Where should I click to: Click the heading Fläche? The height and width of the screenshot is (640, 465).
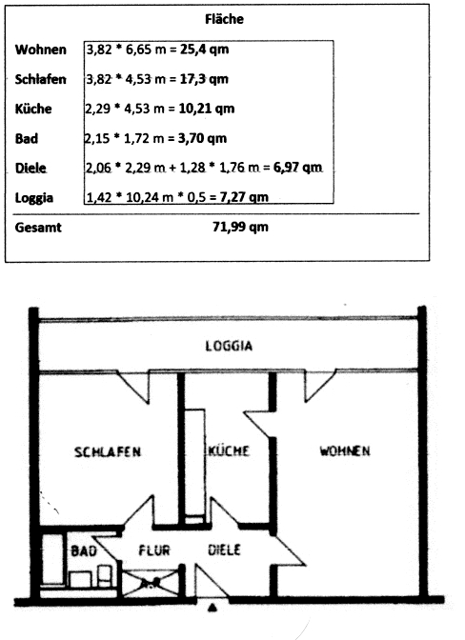[224, 19]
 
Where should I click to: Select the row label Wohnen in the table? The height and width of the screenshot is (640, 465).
[40, 50]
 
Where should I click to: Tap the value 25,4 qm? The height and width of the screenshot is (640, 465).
[205, 50]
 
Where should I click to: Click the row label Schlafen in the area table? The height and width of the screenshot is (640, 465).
[40, 79]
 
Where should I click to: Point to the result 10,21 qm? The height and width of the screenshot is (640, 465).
[207, 109]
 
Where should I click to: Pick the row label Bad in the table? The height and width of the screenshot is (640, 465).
[27, 138]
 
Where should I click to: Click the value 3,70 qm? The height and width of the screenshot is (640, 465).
[202, 138]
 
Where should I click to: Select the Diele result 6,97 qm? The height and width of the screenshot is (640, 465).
[297, 168]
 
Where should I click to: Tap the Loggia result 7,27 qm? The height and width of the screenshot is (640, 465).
[244, 197]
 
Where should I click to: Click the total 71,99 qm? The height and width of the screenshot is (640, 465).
[240, 227]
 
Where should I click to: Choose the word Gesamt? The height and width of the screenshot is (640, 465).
[38, 228]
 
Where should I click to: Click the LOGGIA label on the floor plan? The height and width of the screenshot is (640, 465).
[229, 346]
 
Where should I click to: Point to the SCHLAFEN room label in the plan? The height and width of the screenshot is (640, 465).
[108, 451]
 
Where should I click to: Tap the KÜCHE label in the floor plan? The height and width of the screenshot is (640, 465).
[229, 450]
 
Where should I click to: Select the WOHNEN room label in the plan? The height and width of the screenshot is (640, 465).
[345, 450]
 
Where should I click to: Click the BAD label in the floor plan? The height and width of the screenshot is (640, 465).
[84, 551]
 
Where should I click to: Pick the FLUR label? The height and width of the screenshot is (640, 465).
[154, 550]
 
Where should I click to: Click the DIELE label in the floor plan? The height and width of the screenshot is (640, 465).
[224, 550]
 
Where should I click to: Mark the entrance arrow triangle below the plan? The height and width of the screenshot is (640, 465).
[212, 608]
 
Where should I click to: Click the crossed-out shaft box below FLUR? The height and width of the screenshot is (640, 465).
[151, 584]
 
